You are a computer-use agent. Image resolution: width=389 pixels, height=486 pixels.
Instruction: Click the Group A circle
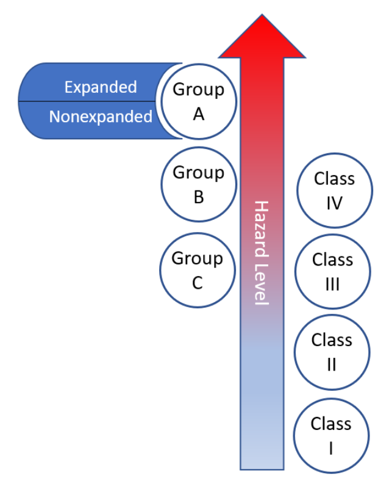tap(198, 101)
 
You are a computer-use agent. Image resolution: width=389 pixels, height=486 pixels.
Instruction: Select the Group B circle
tap(198, 184)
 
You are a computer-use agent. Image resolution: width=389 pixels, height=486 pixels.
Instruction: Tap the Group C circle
tap(197, 270)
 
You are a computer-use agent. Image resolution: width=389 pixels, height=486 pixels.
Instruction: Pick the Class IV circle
tap(334, 190)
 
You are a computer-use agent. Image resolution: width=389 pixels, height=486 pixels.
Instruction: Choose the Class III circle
tap(332, 272)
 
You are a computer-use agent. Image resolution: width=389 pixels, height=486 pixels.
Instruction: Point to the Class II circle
tap(332, 352)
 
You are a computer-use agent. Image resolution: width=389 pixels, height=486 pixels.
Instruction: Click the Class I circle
tap(330, 435)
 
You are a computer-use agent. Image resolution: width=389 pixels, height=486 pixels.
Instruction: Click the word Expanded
tap(101, 87)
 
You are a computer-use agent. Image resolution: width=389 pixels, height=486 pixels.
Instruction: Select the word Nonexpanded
tap(101, 116)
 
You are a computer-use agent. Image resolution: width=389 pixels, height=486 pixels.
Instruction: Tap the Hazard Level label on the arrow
tap(261, 252)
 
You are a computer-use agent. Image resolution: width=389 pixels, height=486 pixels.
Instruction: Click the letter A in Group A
tap(198, 114)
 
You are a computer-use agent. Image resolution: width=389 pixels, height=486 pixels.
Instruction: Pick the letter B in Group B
tap(198, 197)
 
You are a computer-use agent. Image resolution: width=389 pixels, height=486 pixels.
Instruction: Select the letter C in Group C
tap(197, 283)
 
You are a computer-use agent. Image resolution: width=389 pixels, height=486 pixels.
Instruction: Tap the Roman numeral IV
tap(334, 203)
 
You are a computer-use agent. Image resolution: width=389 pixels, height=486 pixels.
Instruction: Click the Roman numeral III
tap(332, 285)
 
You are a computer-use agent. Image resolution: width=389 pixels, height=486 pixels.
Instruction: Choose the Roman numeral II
tap(332, 364)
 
